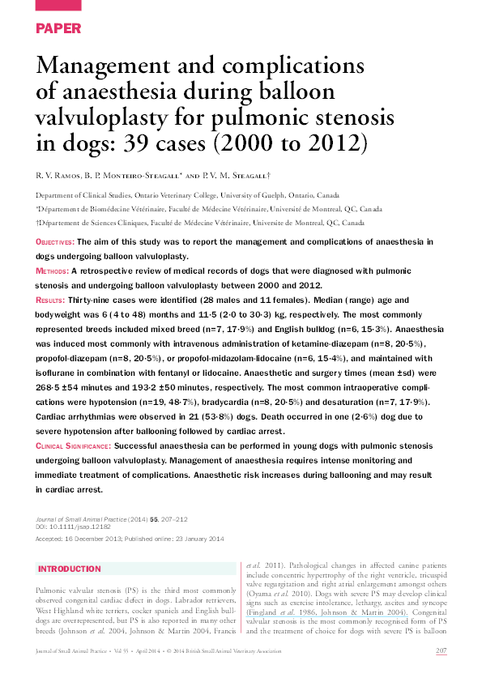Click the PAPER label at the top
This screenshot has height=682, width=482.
58,28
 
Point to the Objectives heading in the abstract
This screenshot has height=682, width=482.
55,242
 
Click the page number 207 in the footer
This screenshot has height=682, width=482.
442,650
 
